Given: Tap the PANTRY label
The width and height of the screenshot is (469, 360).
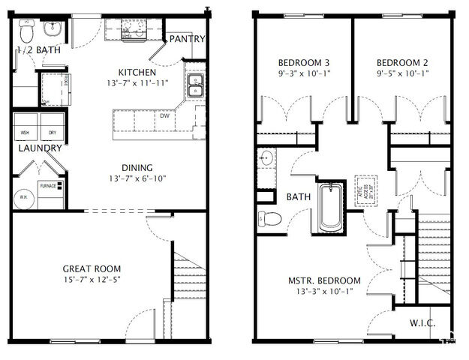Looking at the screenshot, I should coord(187,39).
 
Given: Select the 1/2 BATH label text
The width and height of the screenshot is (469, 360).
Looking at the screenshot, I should coord(38,50).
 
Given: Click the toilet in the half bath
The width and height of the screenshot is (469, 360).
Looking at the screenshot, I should coord(27,31).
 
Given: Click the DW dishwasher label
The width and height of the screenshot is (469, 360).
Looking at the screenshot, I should coord(164,116).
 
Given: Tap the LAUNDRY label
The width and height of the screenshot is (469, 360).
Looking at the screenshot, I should coord(41,148).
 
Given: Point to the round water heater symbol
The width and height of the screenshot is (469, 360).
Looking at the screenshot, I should coord(23,197).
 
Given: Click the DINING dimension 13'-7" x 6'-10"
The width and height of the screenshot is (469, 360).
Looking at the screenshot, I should coord(137,178).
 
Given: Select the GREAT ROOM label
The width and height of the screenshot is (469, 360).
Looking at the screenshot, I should coord(92,268).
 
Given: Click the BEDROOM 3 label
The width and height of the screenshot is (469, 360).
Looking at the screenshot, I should coord(304,62).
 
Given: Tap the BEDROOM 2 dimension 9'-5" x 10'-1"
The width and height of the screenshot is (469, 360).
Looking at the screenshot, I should coord(401,73).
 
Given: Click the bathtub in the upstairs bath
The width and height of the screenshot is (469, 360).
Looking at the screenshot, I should coord(330,208).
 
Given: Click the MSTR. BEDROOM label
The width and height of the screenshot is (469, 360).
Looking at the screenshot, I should coord(324,280).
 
